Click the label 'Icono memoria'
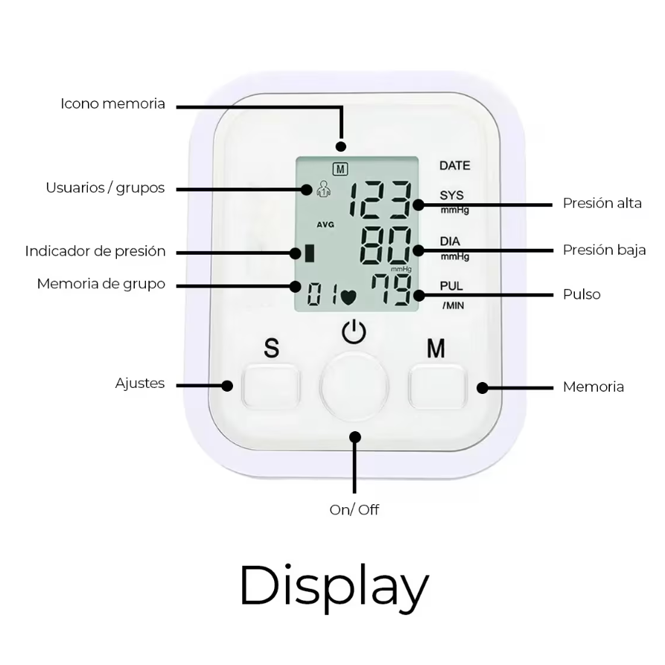click(113, 104)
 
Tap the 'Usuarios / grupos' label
click(105, 188)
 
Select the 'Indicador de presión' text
click(95, 251)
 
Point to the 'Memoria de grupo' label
click(101, 284)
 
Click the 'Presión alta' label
click(602, 203)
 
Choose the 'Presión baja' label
click(604, 250)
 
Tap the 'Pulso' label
click(582, 294)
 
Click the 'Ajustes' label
click(140, 384)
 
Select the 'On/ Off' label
click(354, 510)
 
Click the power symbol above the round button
click(354, 331)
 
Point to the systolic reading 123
click(381, 201)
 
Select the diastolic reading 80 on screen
click(385, 246)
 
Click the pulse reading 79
click(392, 290)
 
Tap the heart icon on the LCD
click(347, 296)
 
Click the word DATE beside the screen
click(454, 166)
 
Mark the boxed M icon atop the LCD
click(340, 169)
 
